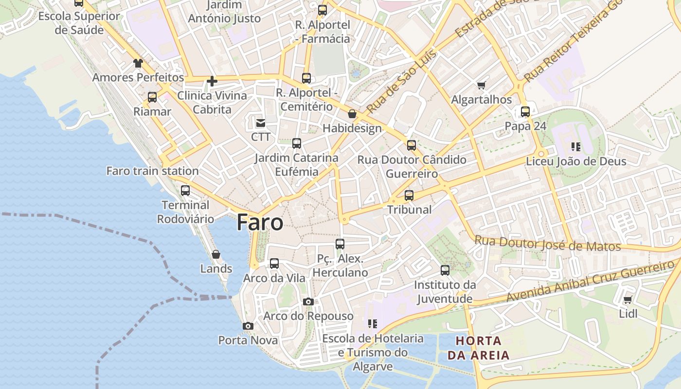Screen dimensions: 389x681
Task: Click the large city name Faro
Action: coord(260,223)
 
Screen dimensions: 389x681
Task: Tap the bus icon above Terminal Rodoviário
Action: coord(185,191)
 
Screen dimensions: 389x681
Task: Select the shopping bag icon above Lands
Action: coord(216,254)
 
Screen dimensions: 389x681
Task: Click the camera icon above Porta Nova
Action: coord(248,326)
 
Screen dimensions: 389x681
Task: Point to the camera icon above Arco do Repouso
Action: coord(308,302)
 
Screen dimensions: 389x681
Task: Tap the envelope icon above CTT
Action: coord(261,123)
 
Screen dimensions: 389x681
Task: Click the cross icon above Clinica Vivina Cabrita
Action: coord(212,81)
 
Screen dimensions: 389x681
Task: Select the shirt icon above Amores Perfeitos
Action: coord(138,63)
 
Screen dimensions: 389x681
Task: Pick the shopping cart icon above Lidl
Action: coord(627,300)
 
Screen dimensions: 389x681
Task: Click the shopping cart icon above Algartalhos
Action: coord(481,86)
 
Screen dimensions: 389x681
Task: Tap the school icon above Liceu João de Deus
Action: coord(576,146)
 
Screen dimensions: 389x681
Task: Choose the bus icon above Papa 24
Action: coord(525,112)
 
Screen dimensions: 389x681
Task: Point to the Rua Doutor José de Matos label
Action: coord(547,244)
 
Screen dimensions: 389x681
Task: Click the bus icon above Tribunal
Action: coord(409,195)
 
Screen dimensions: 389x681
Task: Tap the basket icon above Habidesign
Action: coord(352,114)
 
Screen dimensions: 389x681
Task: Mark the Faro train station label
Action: coord(152,171)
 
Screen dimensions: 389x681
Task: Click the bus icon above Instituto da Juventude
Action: coord(445,270)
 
